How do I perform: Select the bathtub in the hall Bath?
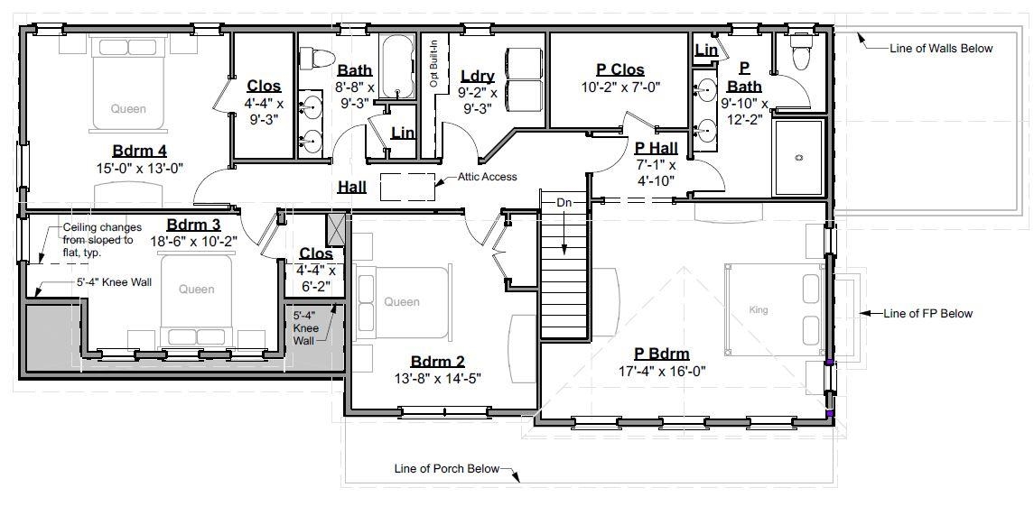[397, 68]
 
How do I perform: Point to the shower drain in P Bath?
[798, 158]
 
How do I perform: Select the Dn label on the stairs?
[564, 203]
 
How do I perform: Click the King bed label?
[759, 309]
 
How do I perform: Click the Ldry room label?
[478, 76]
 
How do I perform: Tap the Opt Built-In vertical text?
[433, 61]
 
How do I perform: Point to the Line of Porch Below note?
[446, 469]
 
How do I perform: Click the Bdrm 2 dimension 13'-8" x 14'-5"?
[438, 378]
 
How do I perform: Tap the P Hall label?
[655, 147]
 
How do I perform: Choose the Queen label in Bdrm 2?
[402, 302]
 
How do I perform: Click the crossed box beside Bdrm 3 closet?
[336, 229]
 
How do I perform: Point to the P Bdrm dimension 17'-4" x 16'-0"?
[663, 371]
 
